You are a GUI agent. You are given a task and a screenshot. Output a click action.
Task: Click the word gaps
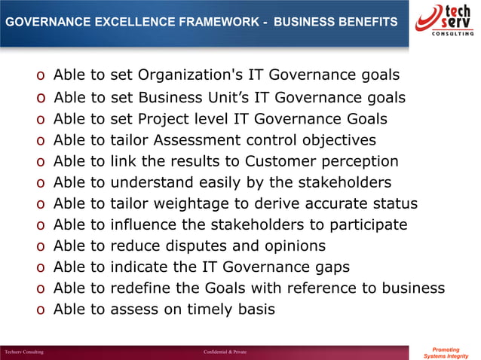click(331, 267)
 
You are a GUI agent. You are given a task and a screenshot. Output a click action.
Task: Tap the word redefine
click(142, 288)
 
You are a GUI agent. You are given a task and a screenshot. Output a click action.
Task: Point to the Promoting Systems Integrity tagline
click(447, 352)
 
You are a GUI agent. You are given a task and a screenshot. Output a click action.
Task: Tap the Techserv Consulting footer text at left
click(23, 352)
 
